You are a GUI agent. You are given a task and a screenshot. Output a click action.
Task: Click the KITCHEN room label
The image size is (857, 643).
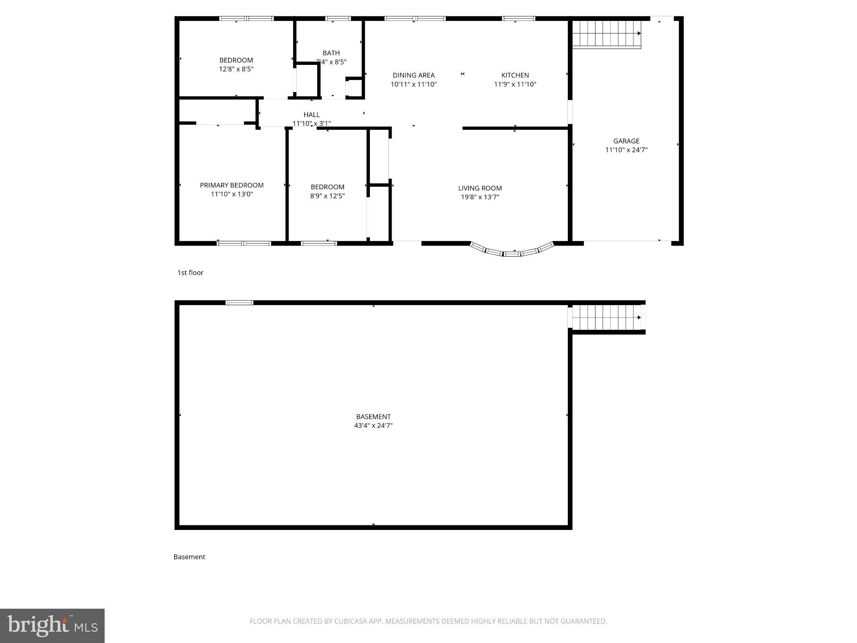[x=515, y=75]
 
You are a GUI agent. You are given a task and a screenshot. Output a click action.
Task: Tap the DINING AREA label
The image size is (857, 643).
[x=413, y=75]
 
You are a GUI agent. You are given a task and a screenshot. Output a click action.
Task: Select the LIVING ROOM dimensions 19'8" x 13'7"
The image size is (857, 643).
[x=480, y=197]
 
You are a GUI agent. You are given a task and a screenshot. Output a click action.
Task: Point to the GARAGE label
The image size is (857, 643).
[x=626, y=141]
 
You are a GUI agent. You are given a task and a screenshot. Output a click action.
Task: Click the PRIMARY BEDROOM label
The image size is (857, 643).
[x=232, y=185]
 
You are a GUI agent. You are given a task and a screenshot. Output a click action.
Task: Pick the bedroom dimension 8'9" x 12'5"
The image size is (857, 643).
[x=327, y=196]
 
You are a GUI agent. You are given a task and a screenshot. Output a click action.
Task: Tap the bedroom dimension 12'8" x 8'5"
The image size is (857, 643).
[x=236, y=69]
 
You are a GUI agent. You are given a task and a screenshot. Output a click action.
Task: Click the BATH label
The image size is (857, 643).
[x=331, y=53]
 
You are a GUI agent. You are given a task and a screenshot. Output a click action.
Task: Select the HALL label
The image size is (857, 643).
[x=311, y=115]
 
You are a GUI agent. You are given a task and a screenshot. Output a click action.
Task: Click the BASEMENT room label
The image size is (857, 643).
[x=373, y=417]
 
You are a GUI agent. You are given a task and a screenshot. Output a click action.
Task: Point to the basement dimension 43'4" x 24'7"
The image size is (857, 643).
[x=373, y=426]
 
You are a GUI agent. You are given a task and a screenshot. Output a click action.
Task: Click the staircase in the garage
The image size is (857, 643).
[x=606, y=34]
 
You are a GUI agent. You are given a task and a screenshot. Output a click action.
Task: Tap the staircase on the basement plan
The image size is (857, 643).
[x=606, y=317]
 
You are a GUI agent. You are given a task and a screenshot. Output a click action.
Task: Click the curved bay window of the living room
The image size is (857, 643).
[x=512, y=251]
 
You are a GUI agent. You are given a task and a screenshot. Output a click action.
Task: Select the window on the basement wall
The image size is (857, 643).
[x=239, y=303]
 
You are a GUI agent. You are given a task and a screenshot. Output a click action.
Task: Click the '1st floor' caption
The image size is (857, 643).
[x=190, y=273]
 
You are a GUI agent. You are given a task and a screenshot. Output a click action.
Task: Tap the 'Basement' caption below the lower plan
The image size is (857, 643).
[x=189, y=557]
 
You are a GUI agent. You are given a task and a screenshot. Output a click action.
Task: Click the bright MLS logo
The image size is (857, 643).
[x=52, y=625]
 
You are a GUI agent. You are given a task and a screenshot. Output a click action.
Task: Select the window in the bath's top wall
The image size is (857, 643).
[x=338, y=18]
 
